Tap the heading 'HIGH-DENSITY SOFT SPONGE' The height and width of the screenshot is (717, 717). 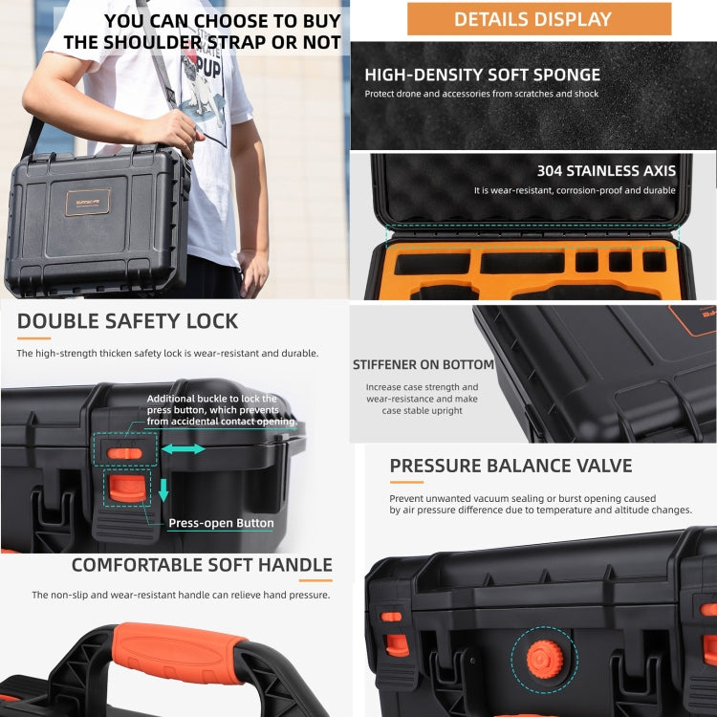tap(482, 75)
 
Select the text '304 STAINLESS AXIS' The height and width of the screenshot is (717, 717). tap(605, 171)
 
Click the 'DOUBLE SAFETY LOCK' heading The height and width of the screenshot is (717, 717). tap(127, 321)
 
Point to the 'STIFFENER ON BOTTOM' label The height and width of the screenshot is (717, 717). tap(423, 364)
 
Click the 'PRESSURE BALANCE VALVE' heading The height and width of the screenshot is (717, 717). tap(511, 466)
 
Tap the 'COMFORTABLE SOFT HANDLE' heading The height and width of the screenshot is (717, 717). tap(202, 565)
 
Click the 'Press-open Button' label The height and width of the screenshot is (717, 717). tap(221, 523)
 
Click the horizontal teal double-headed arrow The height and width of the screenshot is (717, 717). tap(183, 448)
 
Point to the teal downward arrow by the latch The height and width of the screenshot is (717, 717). tap(163, 489)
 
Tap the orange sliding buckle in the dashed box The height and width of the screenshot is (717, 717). tap(125, 451)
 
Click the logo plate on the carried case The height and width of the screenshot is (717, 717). tap(87, 202)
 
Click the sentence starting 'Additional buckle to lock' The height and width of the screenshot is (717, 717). tap(221, 410)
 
